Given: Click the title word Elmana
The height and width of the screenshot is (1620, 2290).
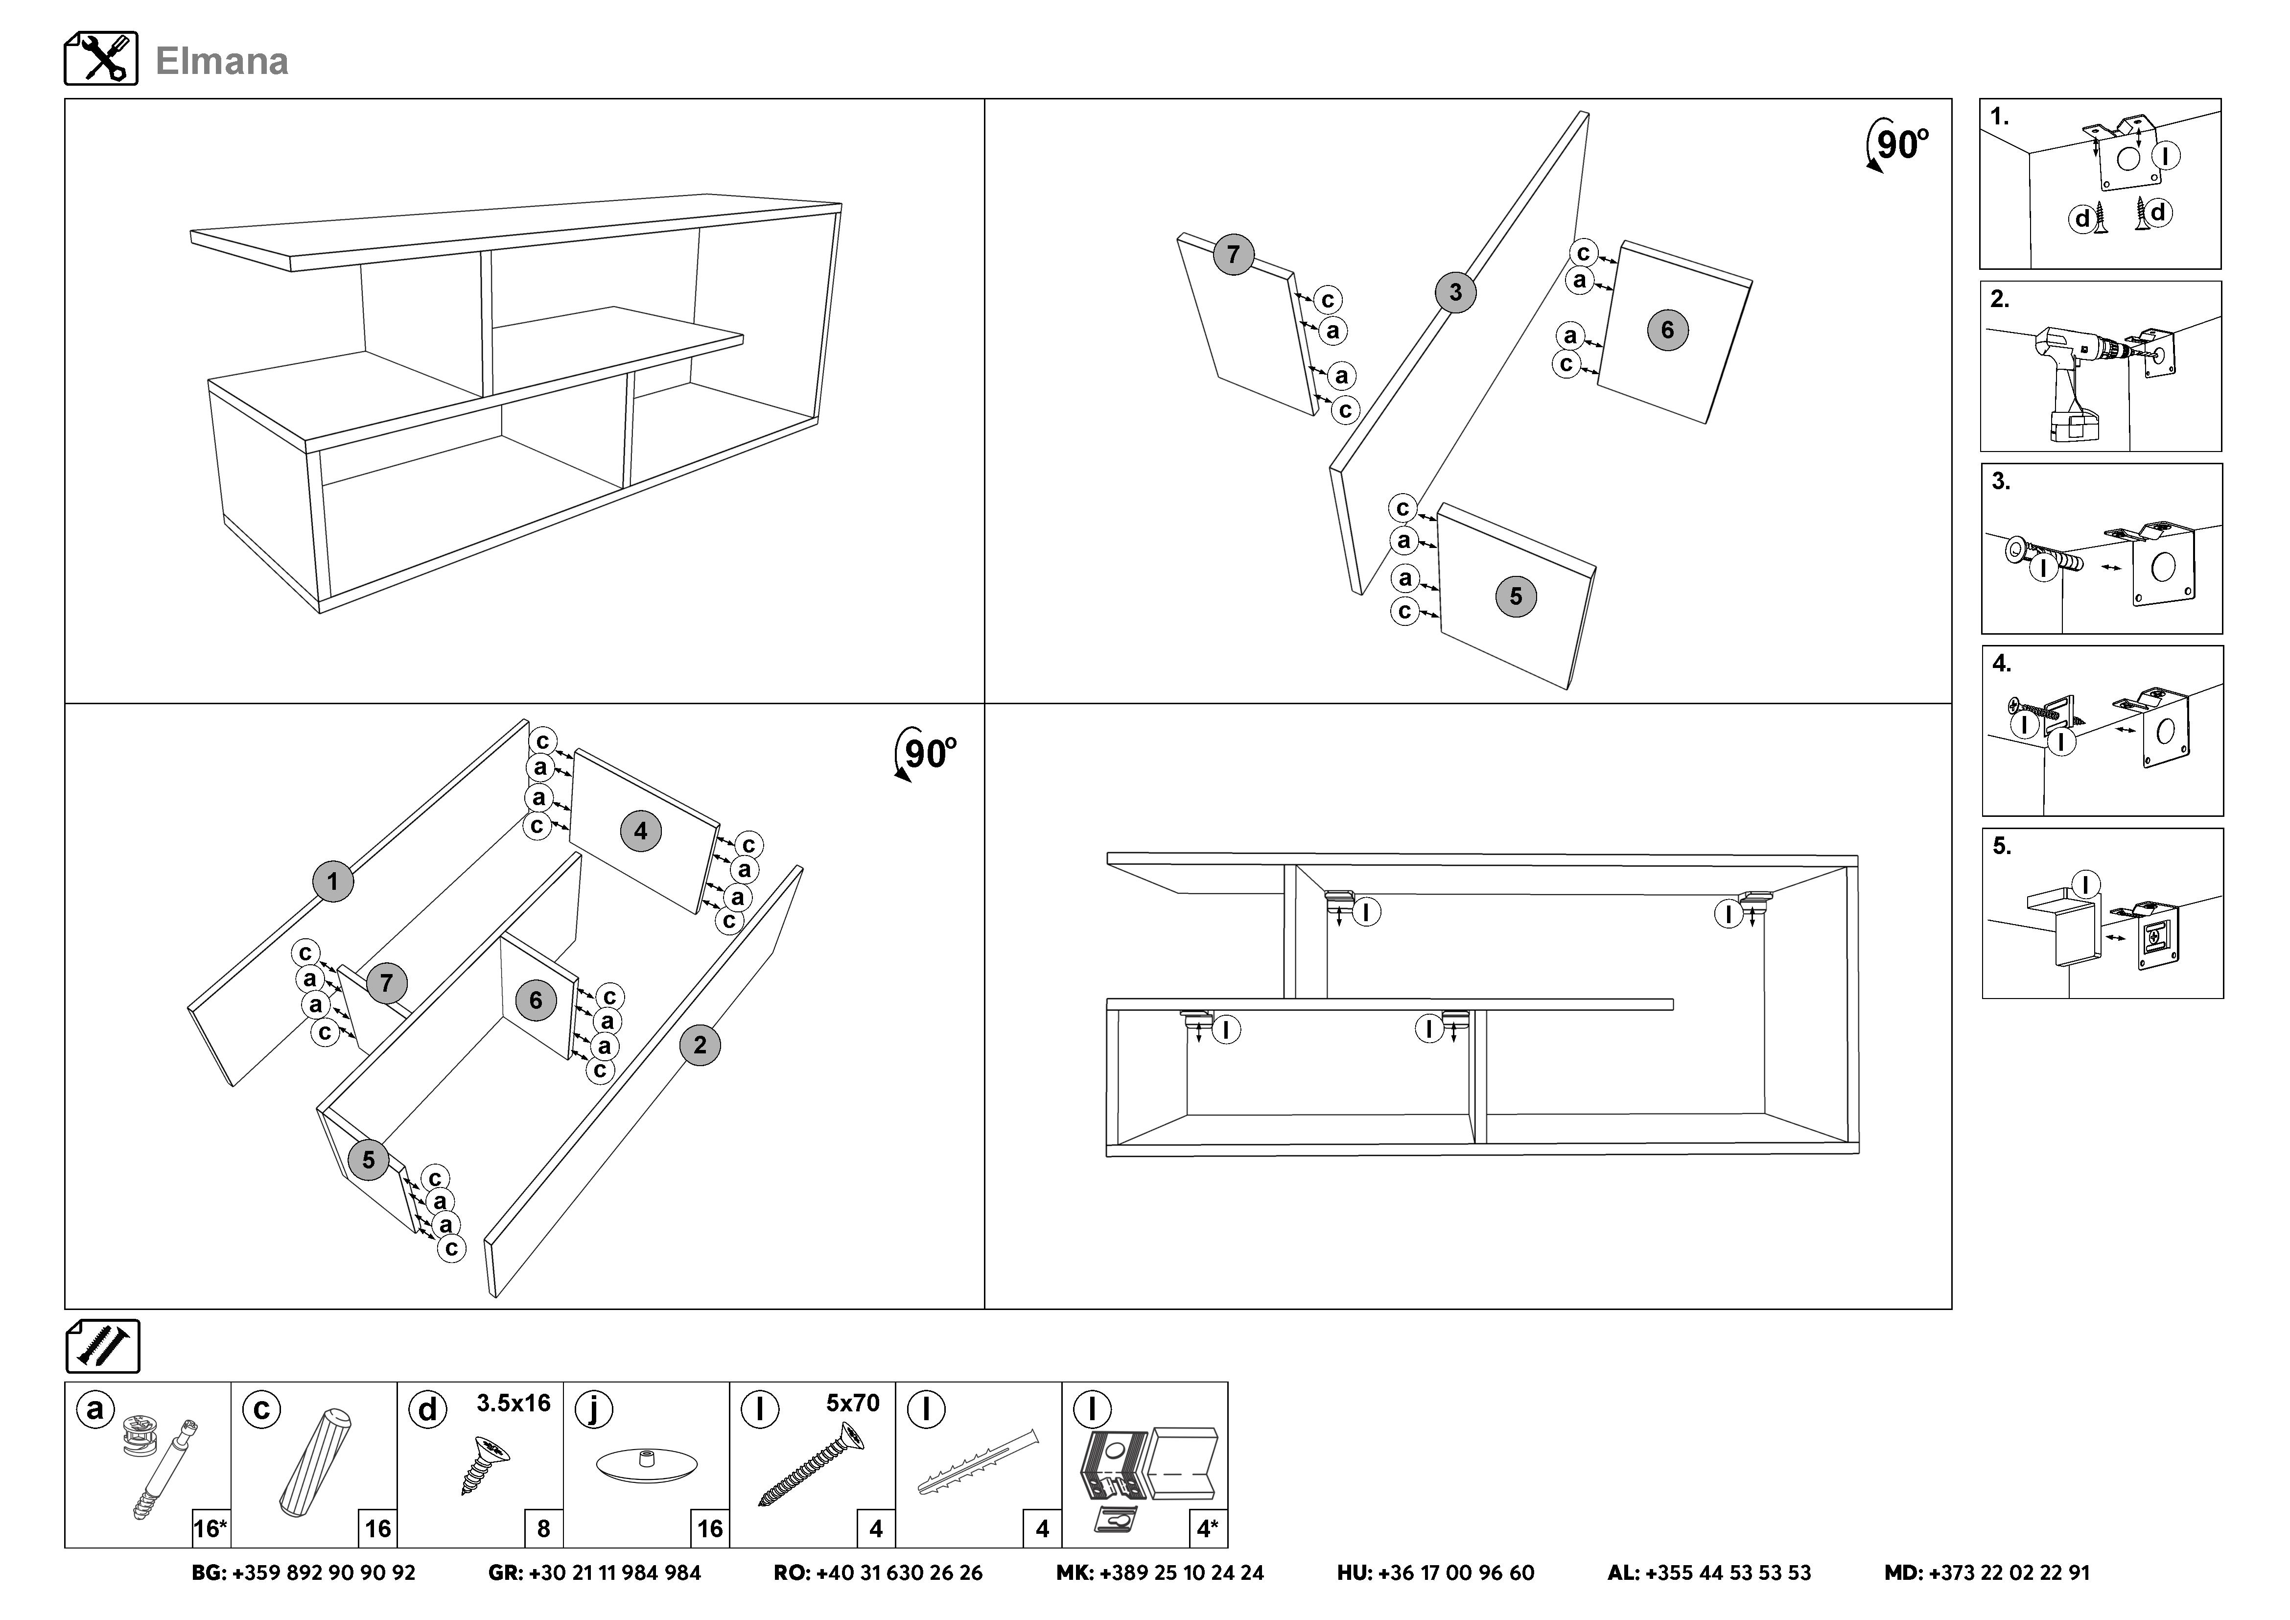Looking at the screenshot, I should coord(221,62).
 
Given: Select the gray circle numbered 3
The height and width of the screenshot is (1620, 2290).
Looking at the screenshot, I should coord(1455,292).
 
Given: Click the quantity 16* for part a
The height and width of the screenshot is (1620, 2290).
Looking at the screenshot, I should coord(210,1528).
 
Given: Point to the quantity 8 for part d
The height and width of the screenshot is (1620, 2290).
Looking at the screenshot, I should coord(543,1528).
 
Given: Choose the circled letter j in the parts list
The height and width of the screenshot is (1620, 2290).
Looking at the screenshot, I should coord(594,1409).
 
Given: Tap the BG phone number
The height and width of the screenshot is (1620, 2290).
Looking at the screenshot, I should coord(303,1573).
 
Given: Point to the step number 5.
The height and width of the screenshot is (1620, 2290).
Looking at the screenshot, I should coord(2002,846).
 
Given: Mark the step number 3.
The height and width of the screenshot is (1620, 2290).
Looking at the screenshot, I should coord(2001,482).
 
